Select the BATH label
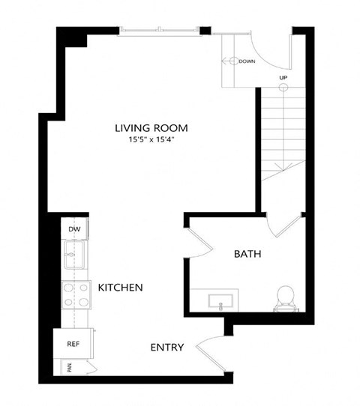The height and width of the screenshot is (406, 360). (x=247, y=255)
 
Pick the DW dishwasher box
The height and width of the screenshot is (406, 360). (x=73, y=229)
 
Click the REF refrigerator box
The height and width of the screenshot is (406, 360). (x=73, y=345)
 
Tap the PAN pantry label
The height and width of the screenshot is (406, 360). (x=68, y=367)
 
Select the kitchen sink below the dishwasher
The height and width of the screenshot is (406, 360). (x=73, y=256)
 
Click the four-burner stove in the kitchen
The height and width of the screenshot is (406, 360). (x=74, y=294)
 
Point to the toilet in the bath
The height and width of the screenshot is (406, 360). (x=286, y=297)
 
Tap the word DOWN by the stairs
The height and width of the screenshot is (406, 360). (x=247, y=61)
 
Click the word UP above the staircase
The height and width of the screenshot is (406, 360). (x=283, y=77)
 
